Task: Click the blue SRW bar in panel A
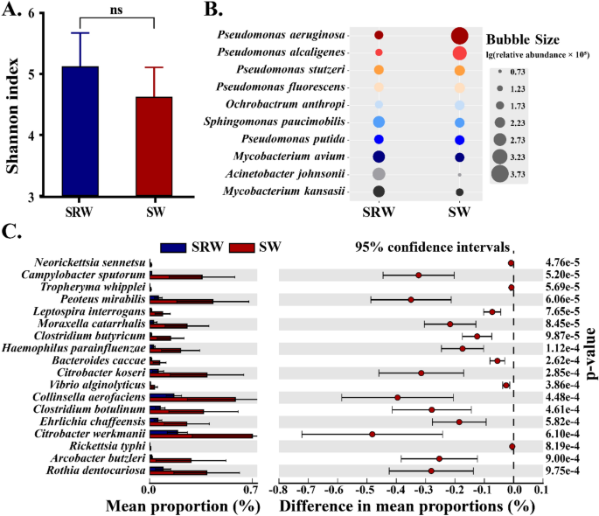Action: pyautogui.click(x=80, y=131)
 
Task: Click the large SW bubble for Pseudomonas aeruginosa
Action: pyautogui.click(x=459, y=36)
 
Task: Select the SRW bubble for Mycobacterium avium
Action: pyautogui.click(x=379, y=157)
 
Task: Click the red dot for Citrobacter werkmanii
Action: pyautogui.click(x=373, y=434)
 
